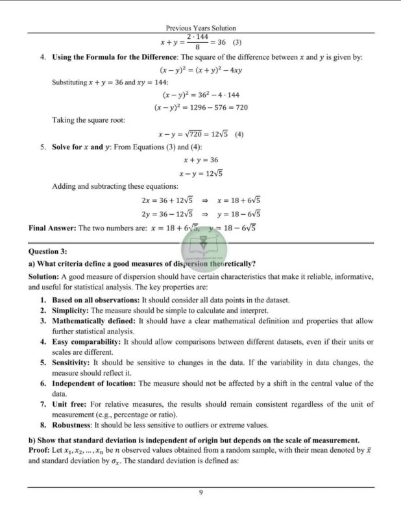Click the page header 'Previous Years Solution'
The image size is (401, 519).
tap(200, 28)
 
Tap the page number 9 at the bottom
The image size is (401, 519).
tap(201, 493)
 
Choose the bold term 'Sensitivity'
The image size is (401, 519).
tap(71, 363)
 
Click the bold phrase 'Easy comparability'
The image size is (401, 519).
tap(86, 342)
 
